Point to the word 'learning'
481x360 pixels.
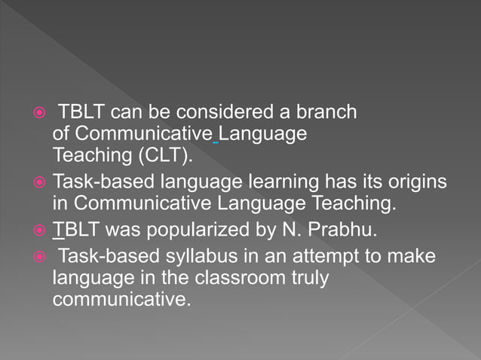click(262, 183)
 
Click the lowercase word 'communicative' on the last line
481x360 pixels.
click(118, 299)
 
